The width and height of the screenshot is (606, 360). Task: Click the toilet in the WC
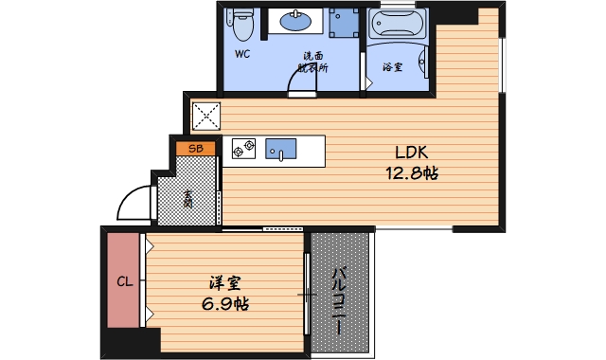pos(242,25)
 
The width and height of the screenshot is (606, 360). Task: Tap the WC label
pos(242,54)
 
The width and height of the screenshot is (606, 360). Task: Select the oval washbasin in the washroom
pos(295,21)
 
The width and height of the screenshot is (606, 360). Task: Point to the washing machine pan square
pos(344,23)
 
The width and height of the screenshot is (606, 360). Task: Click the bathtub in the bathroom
pos(397,24)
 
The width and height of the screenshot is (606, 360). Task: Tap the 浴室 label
pos(393,67)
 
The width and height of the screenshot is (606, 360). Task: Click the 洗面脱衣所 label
pos(312,62)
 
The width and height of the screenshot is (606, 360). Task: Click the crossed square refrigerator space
pos(206,116)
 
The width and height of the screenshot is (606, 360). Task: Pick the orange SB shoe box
pos(196,149)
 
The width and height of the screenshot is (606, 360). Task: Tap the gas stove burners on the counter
pos(243,149)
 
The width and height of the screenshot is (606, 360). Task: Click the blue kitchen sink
pos(280,149)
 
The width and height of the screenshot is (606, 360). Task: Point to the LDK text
pos(411,153)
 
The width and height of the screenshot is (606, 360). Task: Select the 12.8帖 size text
pos(412,172)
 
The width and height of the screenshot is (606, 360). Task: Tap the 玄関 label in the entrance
pos(188,199)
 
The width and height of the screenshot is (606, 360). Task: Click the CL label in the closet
pos(125,281)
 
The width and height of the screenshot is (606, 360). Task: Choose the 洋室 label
pos(225,283)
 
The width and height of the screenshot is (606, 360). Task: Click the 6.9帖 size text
pos(225,304)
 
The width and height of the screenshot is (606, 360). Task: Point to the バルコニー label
pos(339,300)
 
